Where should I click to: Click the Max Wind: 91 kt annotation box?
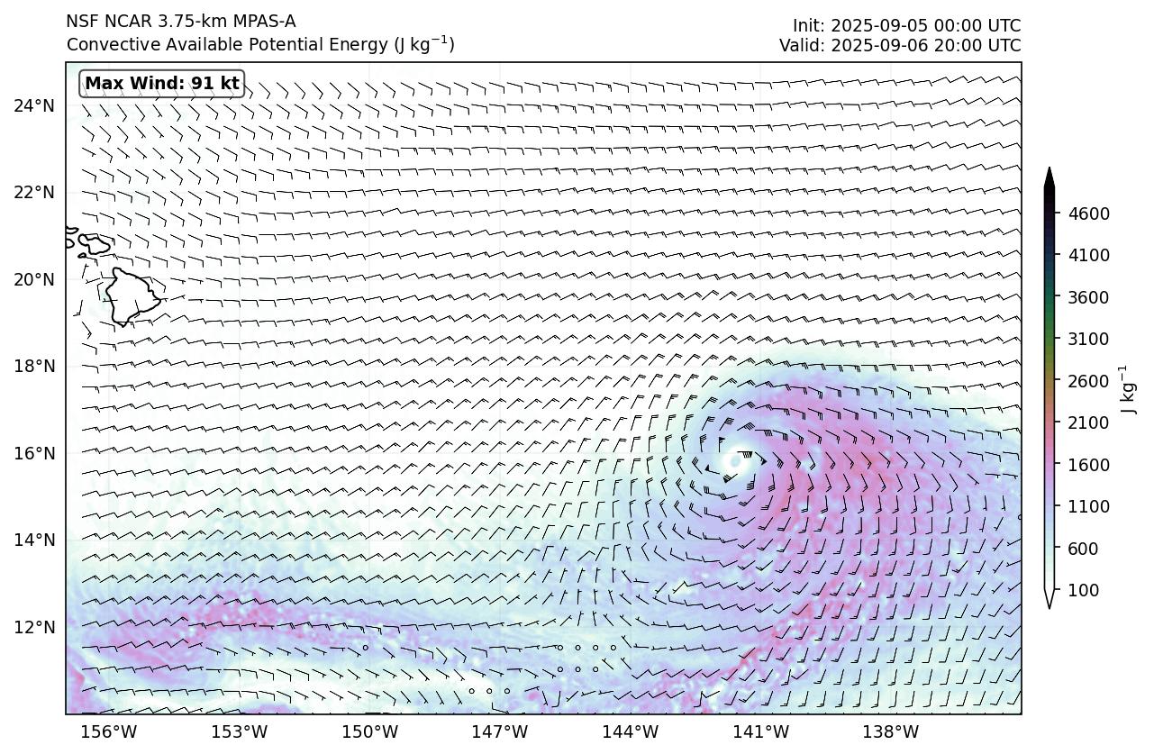click(162, 84)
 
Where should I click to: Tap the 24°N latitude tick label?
click(34, 106)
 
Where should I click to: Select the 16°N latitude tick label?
click(34, 453)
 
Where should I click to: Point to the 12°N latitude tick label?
click(34, 627)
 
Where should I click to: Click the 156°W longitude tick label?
click(110, 731)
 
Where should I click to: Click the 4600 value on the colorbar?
click(1088, 213)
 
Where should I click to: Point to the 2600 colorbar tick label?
click(1088, 381)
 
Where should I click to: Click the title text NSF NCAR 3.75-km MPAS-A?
click(180, 22)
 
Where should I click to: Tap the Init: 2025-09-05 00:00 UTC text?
click(906, 25)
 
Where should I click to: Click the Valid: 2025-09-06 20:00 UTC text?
click(900, 45)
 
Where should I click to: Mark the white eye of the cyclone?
click(736, 460)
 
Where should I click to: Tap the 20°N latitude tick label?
click(34, 279)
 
